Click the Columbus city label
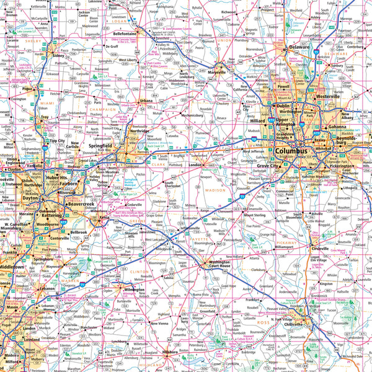coord(291,151)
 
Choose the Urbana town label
coord(144,100)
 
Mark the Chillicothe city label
coord(293,324)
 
